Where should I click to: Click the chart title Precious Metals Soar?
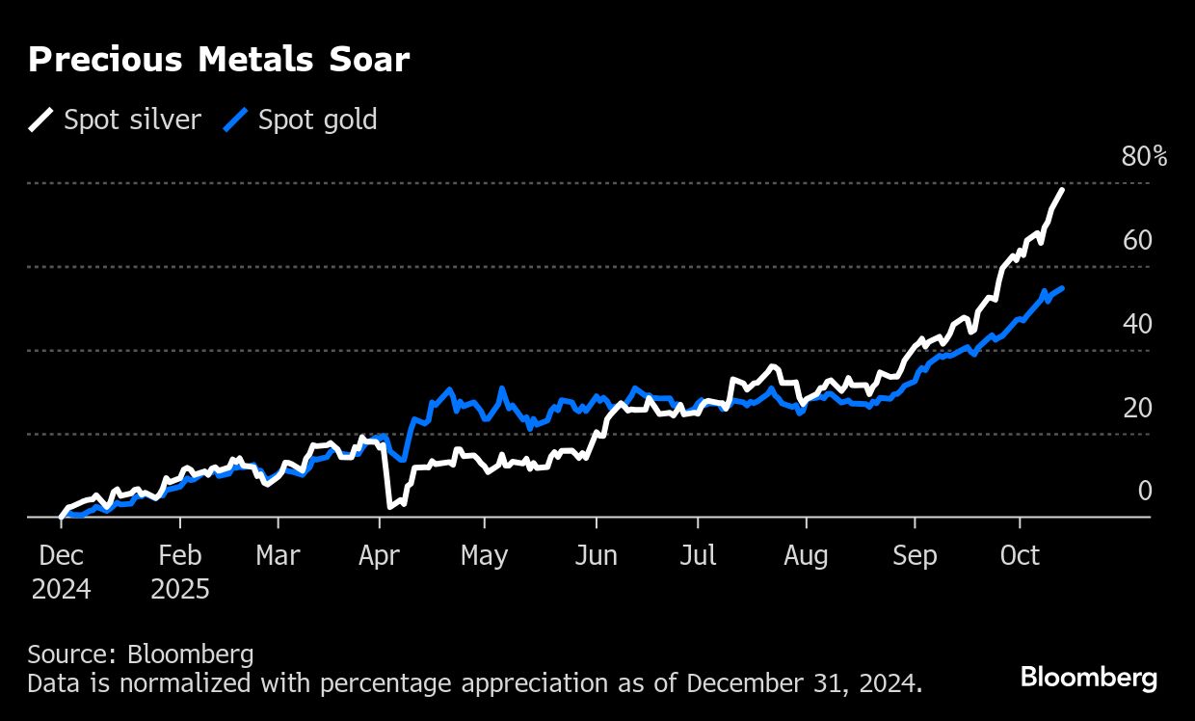point(219,60)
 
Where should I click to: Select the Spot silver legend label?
point(132,120)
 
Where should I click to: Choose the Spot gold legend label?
point(317,120)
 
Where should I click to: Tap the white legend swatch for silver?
point(42,120)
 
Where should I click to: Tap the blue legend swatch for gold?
point(237,120)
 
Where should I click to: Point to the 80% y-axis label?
point(1144,157)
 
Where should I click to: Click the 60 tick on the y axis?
point(1137,240)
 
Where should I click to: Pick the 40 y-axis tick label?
point(1137,324)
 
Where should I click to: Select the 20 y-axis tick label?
point(1137,408)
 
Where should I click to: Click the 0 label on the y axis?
point(1145,492)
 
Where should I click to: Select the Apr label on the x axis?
point(380,556)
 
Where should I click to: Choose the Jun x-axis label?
point(596,556)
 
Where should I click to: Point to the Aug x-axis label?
point(806,556)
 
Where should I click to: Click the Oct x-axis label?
point(1020,556)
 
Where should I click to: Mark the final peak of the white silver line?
point(1062,190)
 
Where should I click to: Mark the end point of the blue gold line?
point(1062,288)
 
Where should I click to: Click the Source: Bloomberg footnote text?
point(141,654)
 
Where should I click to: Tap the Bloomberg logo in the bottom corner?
point(1089,677)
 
